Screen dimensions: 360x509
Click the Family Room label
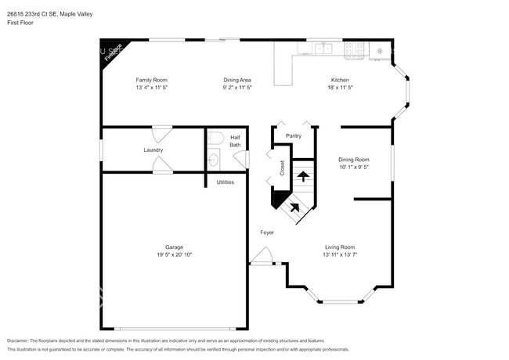(151, 80)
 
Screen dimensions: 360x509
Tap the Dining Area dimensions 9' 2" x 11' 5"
(236, 88)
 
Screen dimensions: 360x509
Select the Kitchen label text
(339, 80)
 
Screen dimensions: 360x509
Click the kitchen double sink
(323, 49)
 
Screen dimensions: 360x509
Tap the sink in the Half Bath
(214, 161)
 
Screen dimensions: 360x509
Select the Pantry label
(294, 135)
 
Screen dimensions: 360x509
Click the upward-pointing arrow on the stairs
(302, 175)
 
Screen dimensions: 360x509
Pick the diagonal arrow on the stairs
(294, 207)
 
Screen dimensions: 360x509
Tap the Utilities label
(225, 182)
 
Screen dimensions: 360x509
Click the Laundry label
(153, 149)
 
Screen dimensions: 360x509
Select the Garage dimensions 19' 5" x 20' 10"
(174, 255)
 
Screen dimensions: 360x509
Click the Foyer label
(267, 232)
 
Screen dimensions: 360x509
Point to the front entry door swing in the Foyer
(263, 255)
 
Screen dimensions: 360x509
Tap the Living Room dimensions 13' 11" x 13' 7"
(340, 255)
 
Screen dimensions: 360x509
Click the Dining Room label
(354, 159)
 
